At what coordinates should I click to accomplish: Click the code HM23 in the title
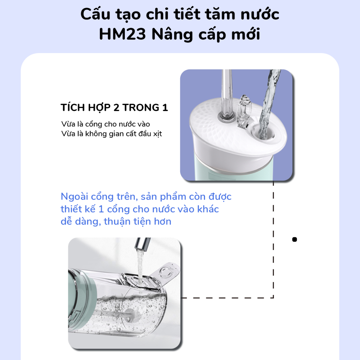[x=122, y=34]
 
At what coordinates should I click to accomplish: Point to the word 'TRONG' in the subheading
[x=141, y=108]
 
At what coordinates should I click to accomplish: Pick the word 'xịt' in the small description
[x=157, y=134]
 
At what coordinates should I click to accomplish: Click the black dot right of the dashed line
[x=294, y=239]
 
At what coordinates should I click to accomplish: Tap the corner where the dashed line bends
[x=273, y=298]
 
